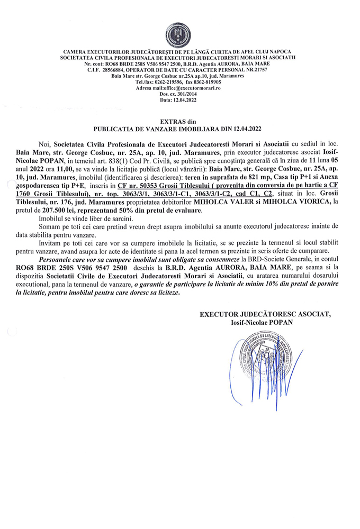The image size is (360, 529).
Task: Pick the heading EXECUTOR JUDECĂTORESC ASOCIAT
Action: (265, 314)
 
